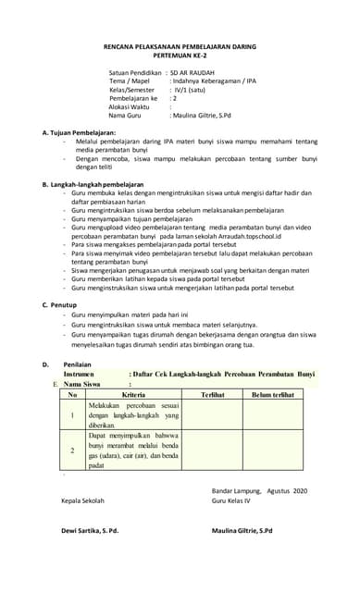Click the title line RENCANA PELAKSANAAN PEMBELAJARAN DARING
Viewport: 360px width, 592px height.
(x=180, y=45)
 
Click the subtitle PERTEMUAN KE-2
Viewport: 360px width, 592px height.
(x=180, y=55)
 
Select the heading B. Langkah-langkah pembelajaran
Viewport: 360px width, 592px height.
(x=93, y=185)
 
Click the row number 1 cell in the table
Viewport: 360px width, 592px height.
(x=72, y=415)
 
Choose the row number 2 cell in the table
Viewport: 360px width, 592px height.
(x=72, y=450)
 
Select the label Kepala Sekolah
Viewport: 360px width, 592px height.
(x=82, y=500)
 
